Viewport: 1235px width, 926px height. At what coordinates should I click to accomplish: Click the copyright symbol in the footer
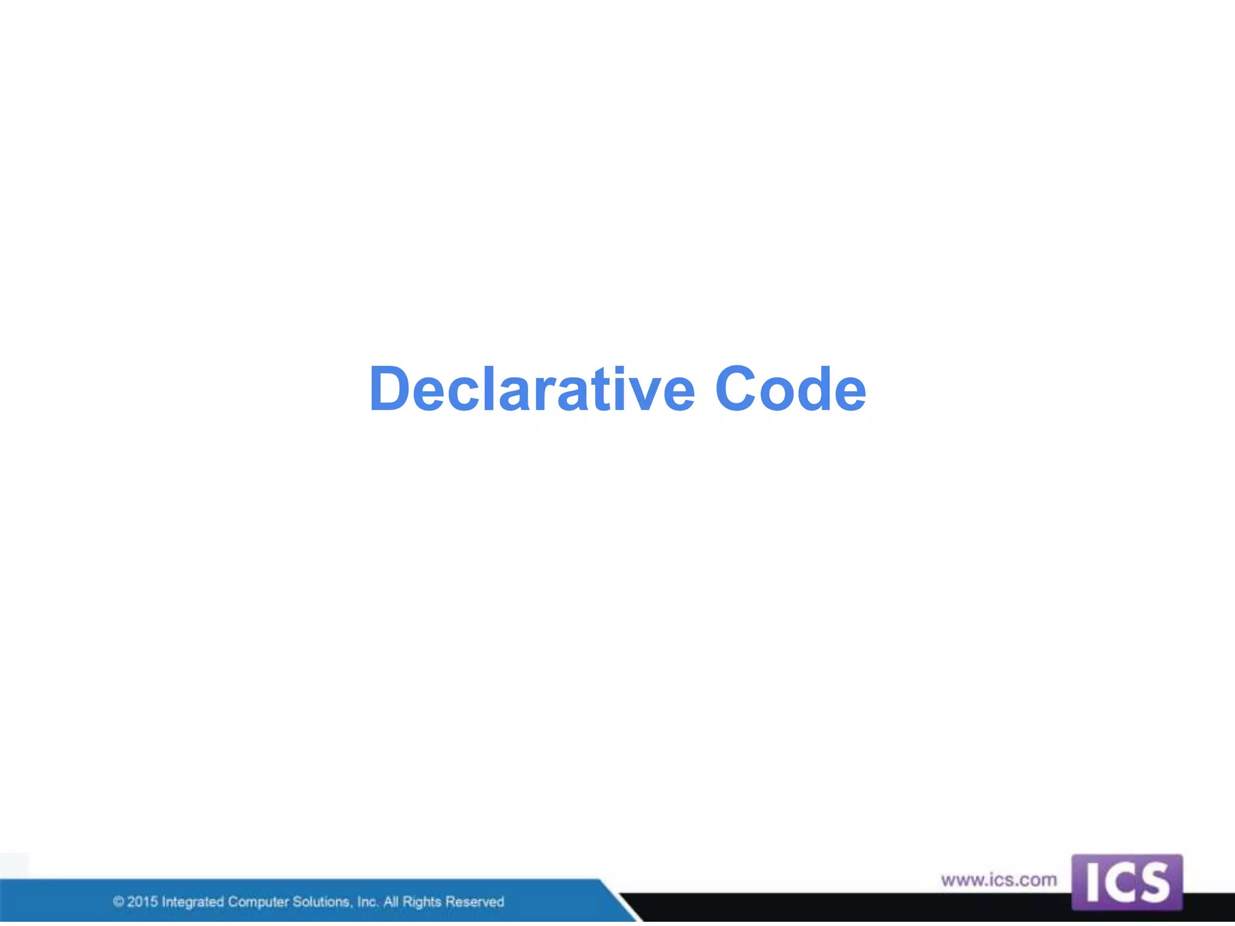[x=118, y=902]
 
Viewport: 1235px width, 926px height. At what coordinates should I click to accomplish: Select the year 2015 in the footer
[x=142, y=902]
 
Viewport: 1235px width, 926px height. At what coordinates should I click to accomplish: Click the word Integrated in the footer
[x=192, y=902]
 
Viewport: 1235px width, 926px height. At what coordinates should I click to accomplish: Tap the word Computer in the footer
[x=258, y=902]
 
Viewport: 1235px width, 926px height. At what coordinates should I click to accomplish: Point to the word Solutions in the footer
[x=321, y=902]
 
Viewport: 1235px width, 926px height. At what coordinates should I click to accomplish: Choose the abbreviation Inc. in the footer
[x=367, y=902]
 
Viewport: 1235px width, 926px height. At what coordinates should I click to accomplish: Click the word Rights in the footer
[x=422, y=902]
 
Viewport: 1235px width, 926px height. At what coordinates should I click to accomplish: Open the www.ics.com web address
[x=999, y=880]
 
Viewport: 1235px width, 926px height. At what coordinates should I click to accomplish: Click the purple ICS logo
[x=1126, y=882]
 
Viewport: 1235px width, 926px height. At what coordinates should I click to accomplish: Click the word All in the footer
[x=391, y=902]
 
